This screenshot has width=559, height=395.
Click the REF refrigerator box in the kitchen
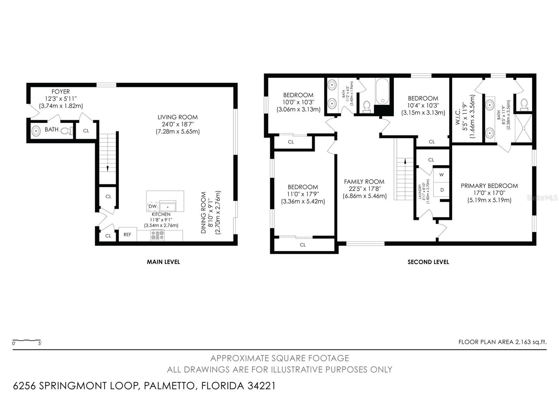128,234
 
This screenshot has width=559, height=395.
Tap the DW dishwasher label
152,206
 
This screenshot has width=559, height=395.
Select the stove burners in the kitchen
158,235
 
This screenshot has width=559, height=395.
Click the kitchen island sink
167,206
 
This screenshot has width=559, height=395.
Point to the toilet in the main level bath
67,131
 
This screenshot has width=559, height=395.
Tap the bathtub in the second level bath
382,91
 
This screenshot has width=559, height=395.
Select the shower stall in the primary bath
524,128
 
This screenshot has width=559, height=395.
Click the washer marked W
441,175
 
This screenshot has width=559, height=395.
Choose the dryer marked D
441,190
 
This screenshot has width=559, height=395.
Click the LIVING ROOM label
178,117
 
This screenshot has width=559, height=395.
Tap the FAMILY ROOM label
364,181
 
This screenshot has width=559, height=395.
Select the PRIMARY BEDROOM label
489,186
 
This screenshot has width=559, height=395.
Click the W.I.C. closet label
457,116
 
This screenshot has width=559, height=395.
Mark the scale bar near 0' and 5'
27,340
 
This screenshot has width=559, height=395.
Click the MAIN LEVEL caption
163,262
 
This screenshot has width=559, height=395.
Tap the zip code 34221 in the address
262,386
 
